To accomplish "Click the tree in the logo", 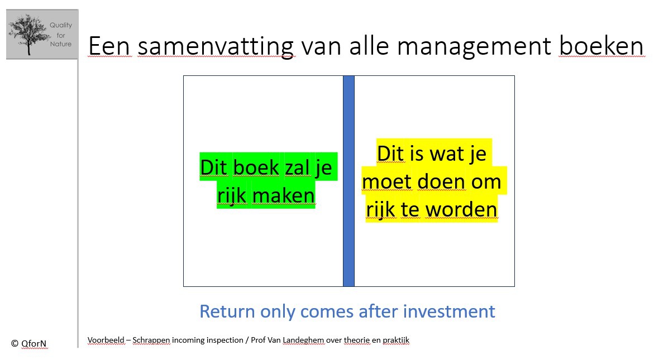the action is (x=28, y=34).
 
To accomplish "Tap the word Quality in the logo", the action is (x=61, y=25).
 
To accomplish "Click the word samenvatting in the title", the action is (x=216, y=46).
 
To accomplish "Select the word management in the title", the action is (x=474, y=46).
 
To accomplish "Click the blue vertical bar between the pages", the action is (x=349, y=181).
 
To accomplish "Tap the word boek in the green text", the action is (x=256, y=167).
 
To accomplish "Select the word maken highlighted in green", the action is (x=284, y=195).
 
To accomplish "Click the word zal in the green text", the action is (x=297, y=167).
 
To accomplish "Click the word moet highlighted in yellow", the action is (x=387, y=182).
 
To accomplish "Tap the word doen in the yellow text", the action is (x=441, y=181).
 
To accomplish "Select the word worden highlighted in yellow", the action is (x=461, y=209).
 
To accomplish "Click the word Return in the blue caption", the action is (x=227, y=311).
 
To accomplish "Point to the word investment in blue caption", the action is (x=449, y=311).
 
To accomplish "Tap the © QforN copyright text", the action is (x=28, y=344).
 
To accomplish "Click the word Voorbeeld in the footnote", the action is (x=106, y=340).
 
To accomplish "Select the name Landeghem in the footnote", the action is (x=303, y=340).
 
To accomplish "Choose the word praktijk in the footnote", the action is (x=396, y=340).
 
